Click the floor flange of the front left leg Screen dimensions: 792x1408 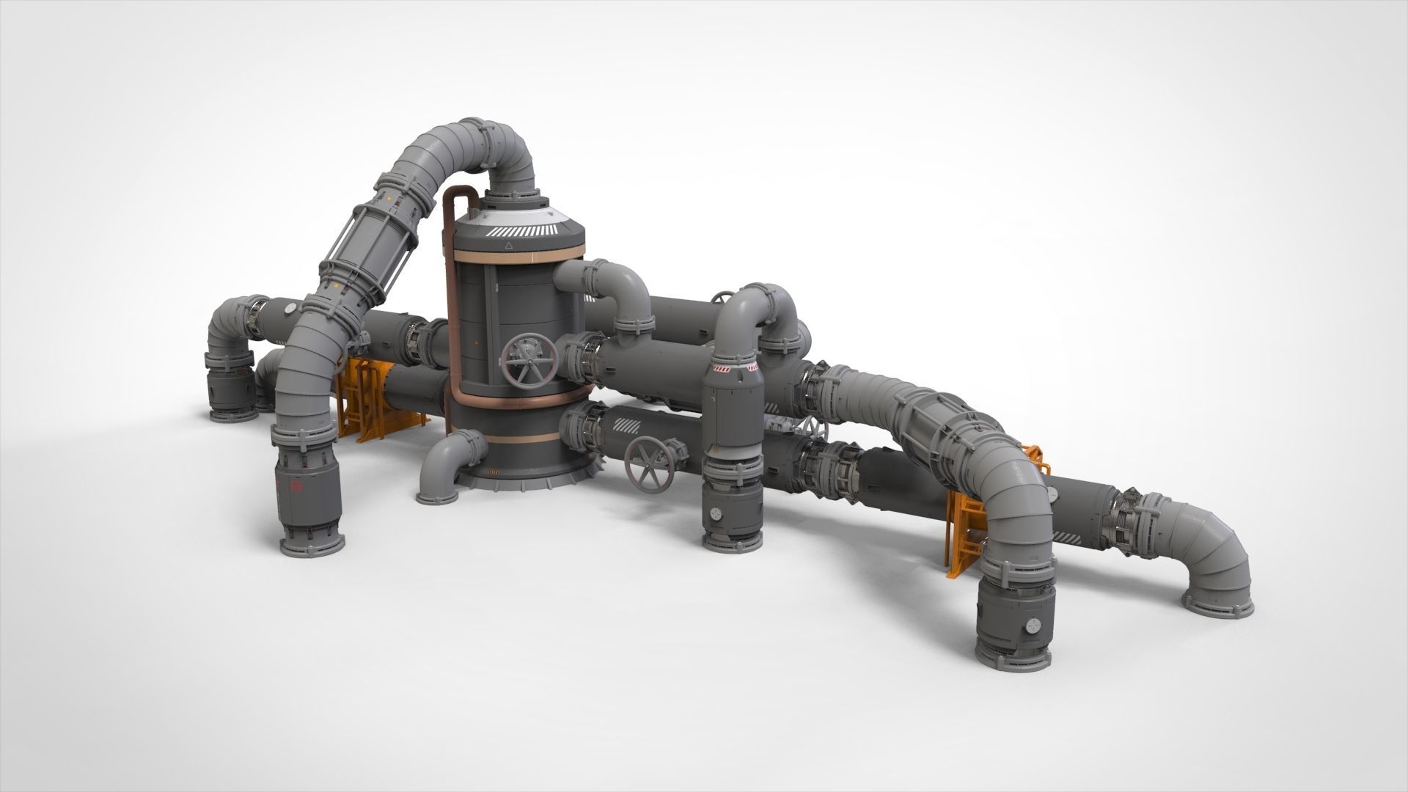tap(311, 546)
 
